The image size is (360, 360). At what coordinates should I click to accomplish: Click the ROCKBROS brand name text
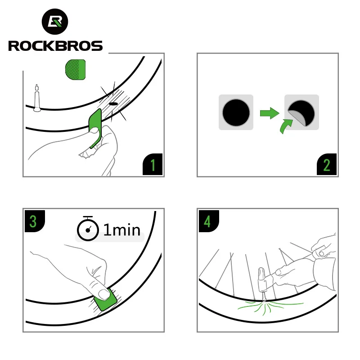coord(55,45)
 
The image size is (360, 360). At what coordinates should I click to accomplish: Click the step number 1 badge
coord(153,165)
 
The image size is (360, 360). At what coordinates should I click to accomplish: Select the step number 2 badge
coord(327,165)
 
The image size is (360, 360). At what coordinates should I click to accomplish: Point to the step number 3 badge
coord(33,221)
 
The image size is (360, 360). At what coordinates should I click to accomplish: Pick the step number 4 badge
coord(207,221)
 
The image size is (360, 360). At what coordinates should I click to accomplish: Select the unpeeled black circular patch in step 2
coord(236,112)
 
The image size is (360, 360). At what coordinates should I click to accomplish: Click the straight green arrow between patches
coord(269,112)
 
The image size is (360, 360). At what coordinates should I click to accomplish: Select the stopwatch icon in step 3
coord(88,229)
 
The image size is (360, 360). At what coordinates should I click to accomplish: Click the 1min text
coord(122,230)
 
